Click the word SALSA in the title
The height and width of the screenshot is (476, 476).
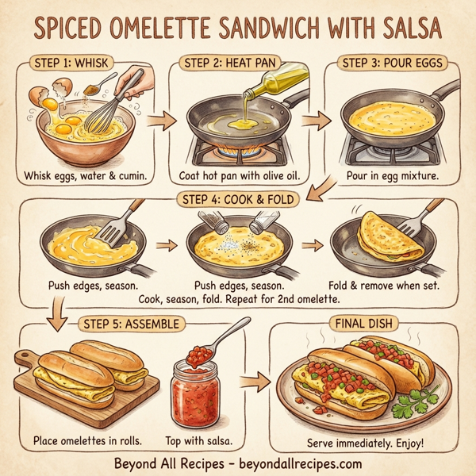point(408,29)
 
